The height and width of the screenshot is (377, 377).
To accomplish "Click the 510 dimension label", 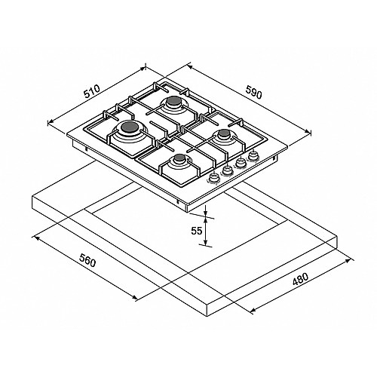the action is (92, 91).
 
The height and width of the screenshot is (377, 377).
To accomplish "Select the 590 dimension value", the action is (253, 92).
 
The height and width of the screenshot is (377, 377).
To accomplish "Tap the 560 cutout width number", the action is (87, 260).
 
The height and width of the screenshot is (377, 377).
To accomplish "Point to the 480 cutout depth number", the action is (300, 279).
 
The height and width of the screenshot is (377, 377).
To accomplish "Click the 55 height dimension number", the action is (197, 231).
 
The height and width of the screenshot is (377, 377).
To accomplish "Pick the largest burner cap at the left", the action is (129, 127).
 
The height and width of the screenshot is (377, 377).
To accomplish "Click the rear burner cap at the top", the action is (173, 101).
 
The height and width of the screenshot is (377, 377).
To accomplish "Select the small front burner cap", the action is (180, 158).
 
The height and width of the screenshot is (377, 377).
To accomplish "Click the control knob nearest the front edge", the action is (213, 178).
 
